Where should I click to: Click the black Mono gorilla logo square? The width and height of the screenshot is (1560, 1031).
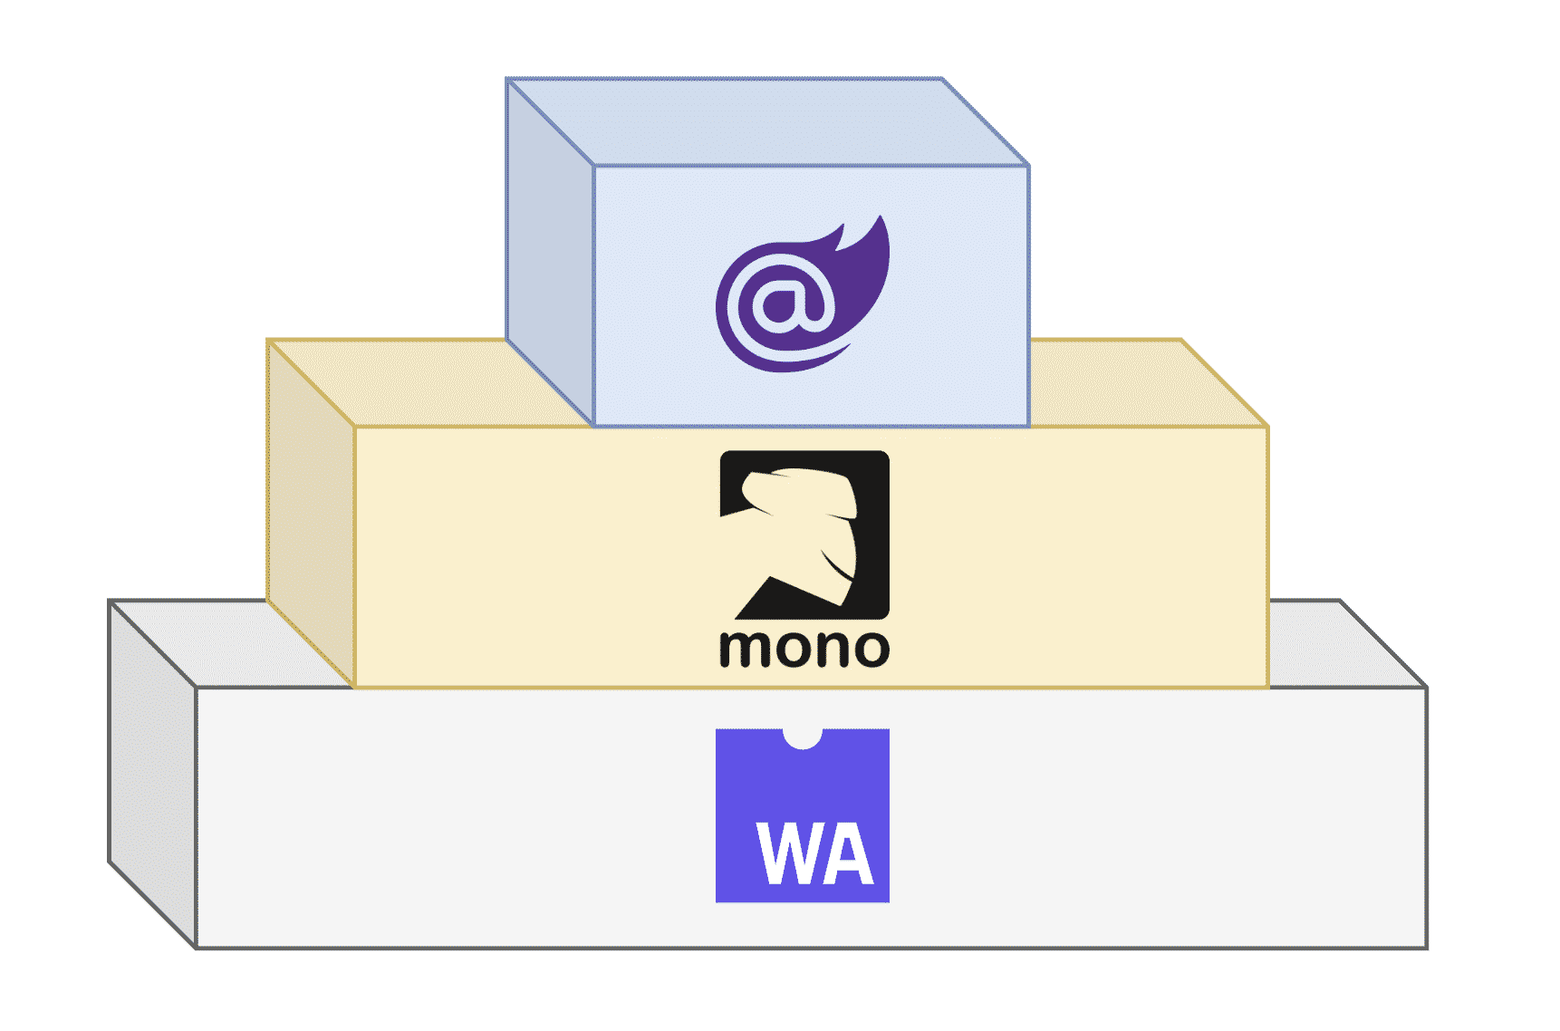point(804,535)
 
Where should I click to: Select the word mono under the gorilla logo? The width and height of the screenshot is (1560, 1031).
point(804,649)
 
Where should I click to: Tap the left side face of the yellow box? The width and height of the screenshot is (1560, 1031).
point(311,512)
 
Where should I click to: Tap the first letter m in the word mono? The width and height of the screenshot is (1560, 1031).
point(743,650)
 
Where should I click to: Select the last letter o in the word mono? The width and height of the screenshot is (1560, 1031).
point(869,650)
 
